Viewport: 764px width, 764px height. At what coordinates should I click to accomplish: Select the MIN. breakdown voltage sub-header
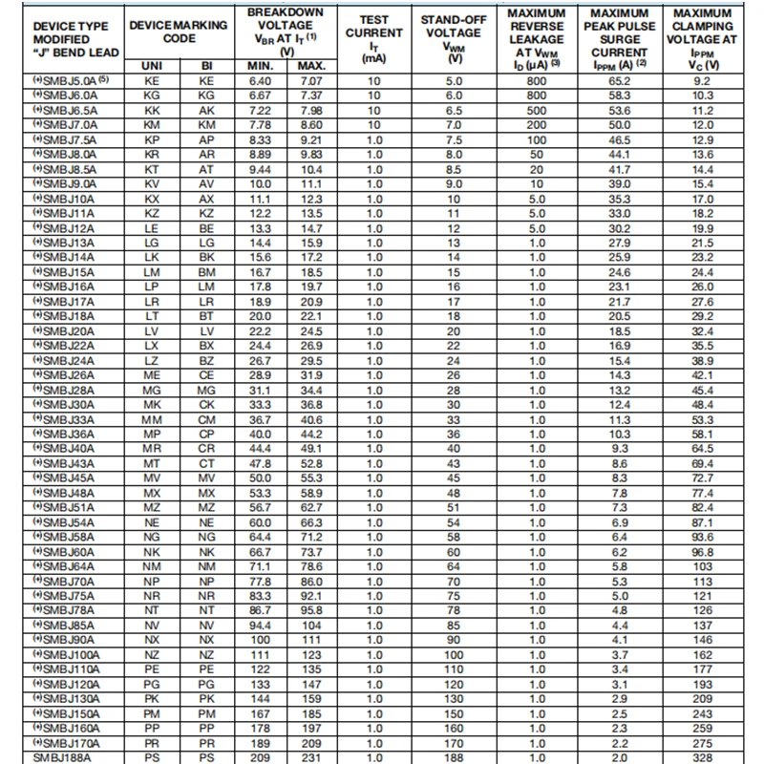pos(260,66)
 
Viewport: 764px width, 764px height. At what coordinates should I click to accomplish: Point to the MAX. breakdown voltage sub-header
pos(311,66)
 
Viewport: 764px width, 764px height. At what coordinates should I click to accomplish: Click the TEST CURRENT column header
pos(372,38)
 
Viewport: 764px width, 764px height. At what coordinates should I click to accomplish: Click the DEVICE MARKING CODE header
pos(179,31)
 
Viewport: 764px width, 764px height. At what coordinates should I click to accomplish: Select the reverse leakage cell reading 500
pos(537,111)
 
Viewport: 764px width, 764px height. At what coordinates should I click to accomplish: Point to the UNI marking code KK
pos(151,111)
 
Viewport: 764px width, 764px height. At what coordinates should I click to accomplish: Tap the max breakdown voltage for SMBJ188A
pos(311,757)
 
